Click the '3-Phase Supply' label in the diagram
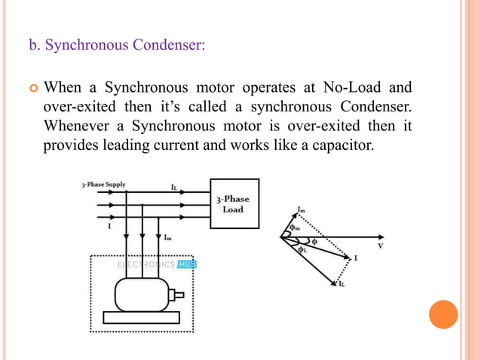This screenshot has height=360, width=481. [x=104, y=184]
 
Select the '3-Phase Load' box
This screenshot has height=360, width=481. [x=234, y=203]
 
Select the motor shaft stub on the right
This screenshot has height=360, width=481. [x=179, y=294]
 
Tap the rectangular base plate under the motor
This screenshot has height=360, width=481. [x=142, y=317]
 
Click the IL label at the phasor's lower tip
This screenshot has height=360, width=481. [x=341, y=284]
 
